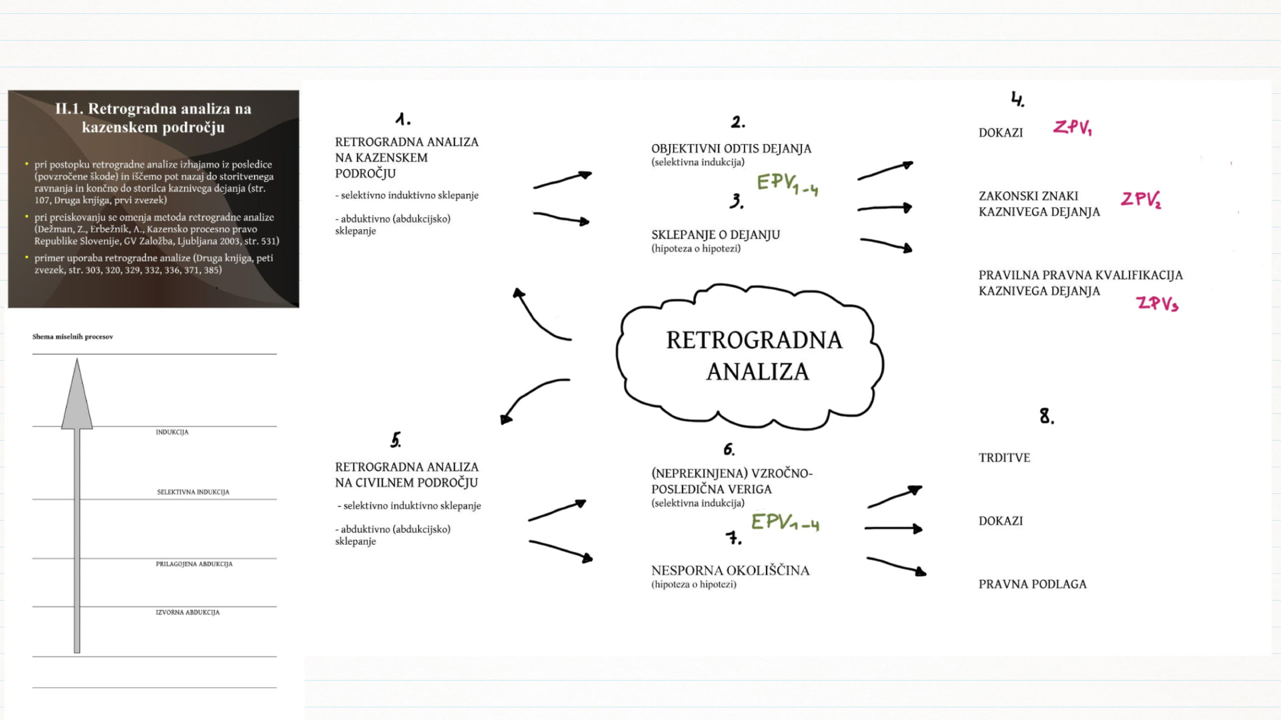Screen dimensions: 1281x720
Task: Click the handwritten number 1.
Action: click(x=402, y=119)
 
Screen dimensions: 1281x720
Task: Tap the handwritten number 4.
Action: click(x=1017, y=99)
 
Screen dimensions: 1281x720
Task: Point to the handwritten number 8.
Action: click(x=1046, y=416)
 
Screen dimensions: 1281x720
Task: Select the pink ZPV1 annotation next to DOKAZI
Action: click(x=1072, y=127)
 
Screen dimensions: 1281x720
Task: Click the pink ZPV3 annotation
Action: click(x=1157, y=303)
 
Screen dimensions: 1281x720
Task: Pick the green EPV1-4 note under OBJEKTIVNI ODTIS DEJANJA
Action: click(x=788, y=184)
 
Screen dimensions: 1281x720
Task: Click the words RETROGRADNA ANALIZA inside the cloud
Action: click(x=755, y=355)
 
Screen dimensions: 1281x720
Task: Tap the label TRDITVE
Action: click(x=1004, y=457)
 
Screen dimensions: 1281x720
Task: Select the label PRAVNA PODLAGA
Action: click(x=1032, y=584)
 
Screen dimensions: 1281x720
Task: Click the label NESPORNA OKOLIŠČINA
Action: click(x=730, y=570)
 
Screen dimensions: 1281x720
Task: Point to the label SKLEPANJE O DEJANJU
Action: click(x=716, y=234)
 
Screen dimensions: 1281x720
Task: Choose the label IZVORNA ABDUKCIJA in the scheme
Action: click(x=188, y=612)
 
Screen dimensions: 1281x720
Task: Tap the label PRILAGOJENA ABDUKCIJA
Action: click(x=194, y=564)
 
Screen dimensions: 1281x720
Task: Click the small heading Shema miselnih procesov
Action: click(x=73, y=336)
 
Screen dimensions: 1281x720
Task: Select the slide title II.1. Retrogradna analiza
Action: click(x=153, y=117)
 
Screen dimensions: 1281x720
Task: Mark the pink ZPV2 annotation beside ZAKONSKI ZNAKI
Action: click(x=1141, y=199)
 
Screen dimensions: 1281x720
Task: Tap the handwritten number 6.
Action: click(x=729, y=449)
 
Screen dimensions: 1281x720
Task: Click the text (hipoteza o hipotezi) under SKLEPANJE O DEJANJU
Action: click(x=696, y=248)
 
